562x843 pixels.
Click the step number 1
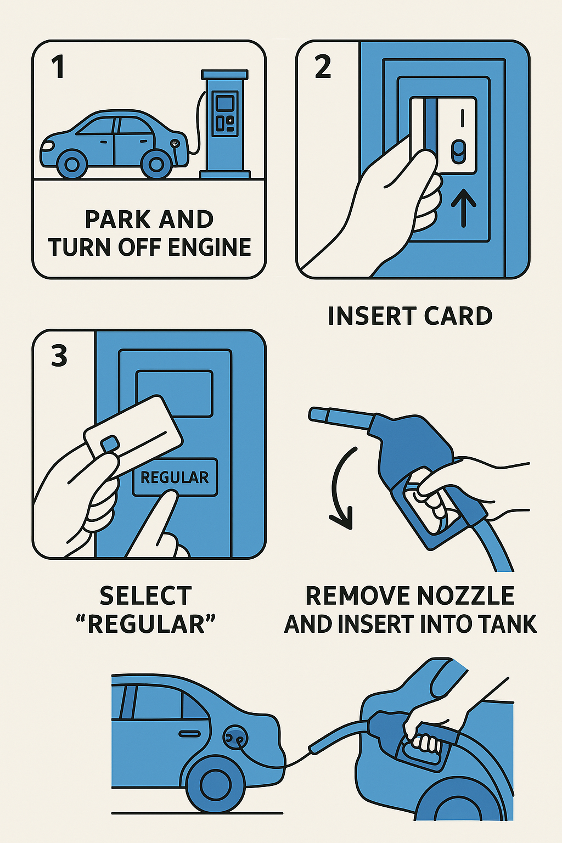coord(58,66)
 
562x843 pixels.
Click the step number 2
coord(323,66)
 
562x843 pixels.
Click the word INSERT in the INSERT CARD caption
coord(372,316)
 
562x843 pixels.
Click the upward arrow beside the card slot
coord(463,207)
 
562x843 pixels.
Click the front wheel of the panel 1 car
coord(72,164)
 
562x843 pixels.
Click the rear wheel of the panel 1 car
coord(156,164)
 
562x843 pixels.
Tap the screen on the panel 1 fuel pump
coord(224,103)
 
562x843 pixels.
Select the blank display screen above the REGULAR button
coord(175,394)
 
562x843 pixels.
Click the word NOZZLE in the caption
coord(465,595)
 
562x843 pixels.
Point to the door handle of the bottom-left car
coord(189,733)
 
